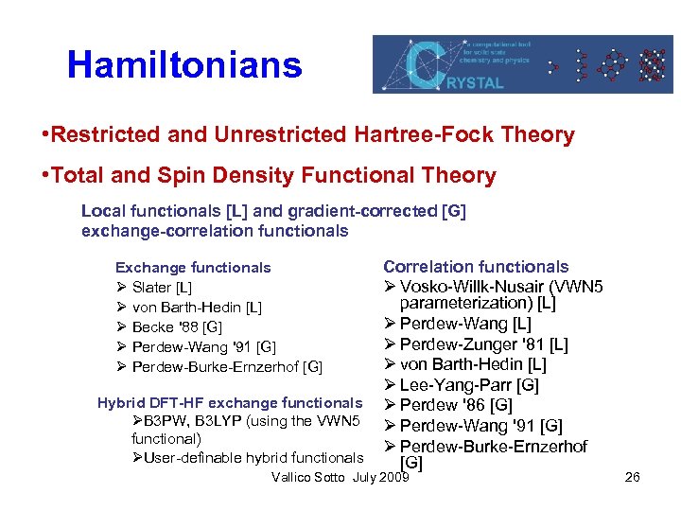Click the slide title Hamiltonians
point(184,65)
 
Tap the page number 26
point(633,477)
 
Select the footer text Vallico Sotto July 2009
point(340,477)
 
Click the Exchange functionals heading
point(193,268)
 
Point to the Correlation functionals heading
point(476,267)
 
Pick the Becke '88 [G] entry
point(177,327)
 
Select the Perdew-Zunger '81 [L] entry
point(483,345)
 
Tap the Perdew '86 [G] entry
point(456,405)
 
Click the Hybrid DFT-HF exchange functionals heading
point(230,403)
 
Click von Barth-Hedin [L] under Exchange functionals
point(197,308)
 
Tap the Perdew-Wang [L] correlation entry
point(464,326)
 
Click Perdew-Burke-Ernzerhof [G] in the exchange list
point(227,367)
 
